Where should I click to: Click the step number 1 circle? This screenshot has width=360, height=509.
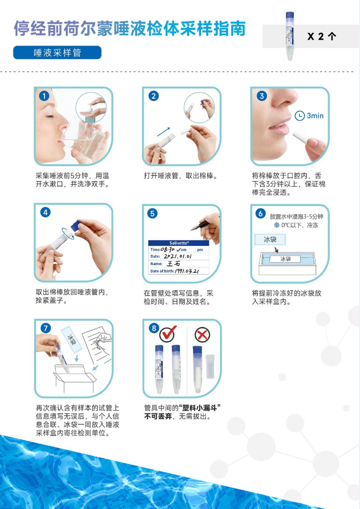[44, 96]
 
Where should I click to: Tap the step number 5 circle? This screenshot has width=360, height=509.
[152, 213]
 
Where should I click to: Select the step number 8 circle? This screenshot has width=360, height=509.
[154, 328]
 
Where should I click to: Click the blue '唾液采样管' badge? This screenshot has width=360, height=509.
[57, 53]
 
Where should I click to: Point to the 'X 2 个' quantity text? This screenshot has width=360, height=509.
[322, 36]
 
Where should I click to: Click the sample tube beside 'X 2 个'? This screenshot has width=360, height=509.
[289, 36]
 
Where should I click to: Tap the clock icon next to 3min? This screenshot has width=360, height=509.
[300, 116]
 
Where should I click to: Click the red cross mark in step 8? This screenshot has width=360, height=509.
[202, 335]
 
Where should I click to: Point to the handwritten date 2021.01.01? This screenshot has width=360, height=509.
[177, 256]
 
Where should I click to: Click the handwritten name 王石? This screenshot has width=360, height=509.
[173, 264]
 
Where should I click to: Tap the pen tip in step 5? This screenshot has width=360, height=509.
[192, 230]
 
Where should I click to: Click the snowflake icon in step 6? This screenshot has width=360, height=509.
[276, 225]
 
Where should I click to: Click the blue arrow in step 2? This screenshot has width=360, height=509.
[164, 132]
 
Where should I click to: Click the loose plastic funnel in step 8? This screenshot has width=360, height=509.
[210, 366]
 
